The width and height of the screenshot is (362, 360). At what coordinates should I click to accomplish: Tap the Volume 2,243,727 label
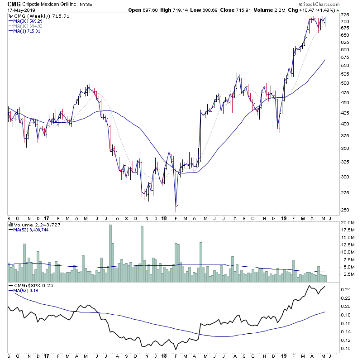[x=30, y=224]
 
